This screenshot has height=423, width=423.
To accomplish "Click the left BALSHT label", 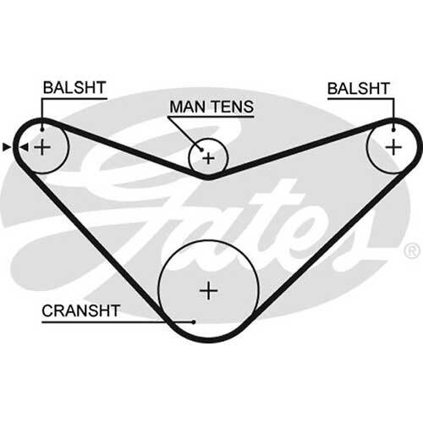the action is coord(74,88).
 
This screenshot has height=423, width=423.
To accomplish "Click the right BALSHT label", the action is coord(359,89).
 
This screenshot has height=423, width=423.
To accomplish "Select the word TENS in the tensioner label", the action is coord(233,107).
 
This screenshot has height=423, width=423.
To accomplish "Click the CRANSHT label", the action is coord(81,310).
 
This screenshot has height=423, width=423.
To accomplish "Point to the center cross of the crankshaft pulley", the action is coord(208,290).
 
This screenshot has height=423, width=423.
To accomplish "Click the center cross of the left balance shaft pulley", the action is coord(42,147).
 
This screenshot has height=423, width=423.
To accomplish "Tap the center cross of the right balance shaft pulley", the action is coord(393,147).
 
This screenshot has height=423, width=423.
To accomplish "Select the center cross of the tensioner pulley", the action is coord(209,158).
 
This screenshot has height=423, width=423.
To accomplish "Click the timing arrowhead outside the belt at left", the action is coord(6,147).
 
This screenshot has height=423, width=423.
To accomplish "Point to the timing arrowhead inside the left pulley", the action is coord(25,147).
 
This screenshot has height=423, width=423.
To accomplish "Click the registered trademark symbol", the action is coord(412,250).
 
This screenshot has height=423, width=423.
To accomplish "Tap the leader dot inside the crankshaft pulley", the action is coord(194,321).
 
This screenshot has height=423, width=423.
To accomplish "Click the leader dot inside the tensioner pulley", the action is coord(202,150).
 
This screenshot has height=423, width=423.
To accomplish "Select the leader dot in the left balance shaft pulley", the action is coord(42,129).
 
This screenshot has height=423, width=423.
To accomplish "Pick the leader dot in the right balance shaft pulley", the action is coord(393,129).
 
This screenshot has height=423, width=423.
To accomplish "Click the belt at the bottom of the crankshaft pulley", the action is coord(209,339).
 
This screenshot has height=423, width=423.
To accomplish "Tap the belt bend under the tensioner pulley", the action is coord(208,177).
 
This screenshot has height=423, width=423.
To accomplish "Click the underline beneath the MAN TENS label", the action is coord(211,117).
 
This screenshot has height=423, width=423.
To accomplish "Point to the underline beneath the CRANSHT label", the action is coord(118,321).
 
